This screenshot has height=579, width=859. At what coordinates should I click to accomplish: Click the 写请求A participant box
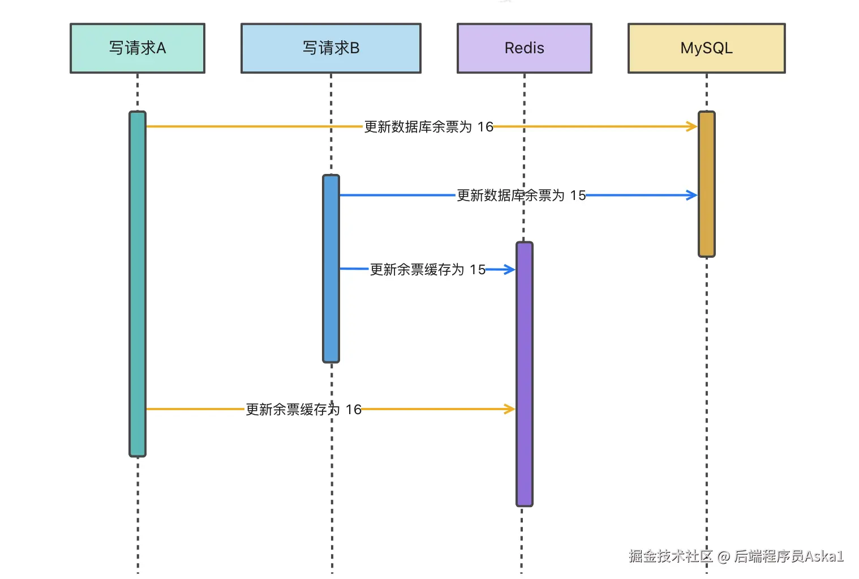point(138,48)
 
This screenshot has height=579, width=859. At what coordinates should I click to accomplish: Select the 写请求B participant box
point(331,48)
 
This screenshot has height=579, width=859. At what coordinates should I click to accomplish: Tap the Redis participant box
point(525,48)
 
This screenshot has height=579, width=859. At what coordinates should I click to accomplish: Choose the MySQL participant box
point(706,48)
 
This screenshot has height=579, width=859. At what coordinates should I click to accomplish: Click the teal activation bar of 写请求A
point(138,283)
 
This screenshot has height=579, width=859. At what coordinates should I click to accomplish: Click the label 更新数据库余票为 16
point(428,127)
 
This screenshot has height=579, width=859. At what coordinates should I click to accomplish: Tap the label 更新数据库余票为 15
point(521,195)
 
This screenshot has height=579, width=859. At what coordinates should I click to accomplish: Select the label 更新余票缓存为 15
point(428,270)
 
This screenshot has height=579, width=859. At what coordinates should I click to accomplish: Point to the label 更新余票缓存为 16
point(303,410)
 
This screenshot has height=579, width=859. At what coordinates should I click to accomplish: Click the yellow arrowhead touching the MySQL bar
point(692,126)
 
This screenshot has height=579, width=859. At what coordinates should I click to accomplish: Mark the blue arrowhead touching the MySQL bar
point(692,195)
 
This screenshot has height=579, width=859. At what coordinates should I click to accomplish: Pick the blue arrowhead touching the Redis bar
point(509,270)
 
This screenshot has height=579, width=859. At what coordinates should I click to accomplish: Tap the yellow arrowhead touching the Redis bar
point(509,408)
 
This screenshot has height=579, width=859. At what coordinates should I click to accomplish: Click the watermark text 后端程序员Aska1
point(789,556)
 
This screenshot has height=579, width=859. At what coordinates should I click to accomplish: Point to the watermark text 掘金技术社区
point(671,556)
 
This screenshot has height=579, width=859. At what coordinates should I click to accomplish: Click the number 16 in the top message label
point(485,127)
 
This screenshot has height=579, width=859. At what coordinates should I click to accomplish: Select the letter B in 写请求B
point(355,48)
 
